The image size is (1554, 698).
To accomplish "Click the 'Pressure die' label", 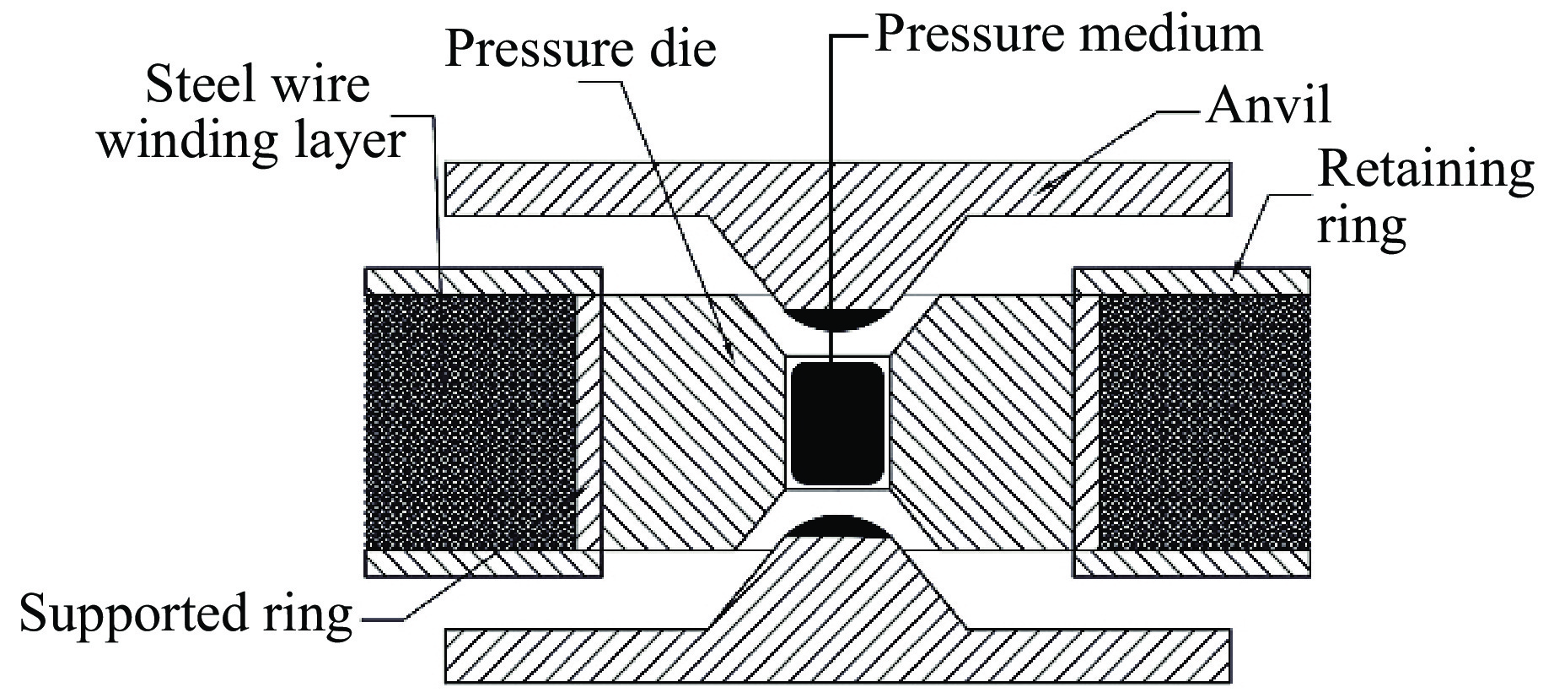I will click(x=580, y=49).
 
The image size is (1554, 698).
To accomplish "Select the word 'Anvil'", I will click(x=1268, y=106).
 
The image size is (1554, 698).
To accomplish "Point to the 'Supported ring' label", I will click(x=186, y=614).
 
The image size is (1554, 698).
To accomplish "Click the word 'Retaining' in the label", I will click(x=1425, y=169).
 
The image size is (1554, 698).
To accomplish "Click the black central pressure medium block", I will click(x=837, y=423).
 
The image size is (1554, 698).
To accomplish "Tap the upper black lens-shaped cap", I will click(x=834, y=319).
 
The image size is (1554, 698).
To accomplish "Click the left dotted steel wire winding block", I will click(x=471, y=422).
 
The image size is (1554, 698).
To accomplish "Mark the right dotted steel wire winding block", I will click(x=1204, y=422).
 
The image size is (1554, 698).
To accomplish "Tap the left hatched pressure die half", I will click(x=683, y=422).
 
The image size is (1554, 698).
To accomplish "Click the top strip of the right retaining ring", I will click(x=1191, y=281).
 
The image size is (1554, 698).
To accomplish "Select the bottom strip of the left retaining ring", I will click(x=482, y=563).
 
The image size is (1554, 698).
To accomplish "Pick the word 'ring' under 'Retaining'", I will click(x=1361, y=225).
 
